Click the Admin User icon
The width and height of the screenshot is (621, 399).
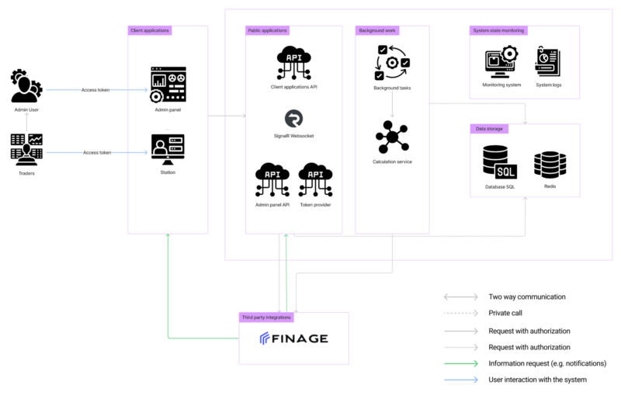click(26, 86)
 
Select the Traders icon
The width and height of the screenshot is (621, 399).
click(26, 149)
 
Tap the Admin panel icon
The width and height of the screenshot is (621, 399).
click(168, 85)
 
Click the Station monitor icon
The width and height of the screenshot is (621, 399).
click(168, 149)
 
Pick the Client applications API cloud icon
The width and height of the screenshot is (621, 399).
click(294, 63)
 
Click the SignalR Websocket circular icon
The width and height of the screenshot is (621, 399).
click(294, 119)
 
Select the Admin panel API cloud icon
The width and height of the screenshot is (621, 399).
click(272, 179)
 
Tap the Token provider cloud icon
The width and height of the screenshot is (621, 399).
click(316, 179)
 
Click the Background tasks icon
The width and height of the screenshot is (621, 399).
click(392, 63)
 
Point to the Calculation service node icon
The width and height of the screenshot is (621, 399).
click(392, 137)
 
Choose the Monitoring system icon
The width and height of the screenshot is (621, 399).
click(501, 62)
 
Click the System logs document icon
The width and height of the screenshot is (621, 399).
click(548, 61)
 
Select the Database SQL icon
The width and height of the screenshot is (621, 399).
click(500, 162)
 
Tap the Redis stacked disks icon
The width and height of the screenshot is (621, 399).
click(550, 165)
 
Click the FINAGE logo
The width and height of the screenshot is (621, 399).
click(294, 338)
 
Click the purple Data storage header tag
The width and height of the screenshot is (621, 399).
click(489, 129)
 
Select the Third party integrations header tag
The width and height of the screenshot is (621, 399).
click(266, 317)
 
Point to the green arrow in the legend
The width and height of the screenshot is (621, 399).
click(461, 363)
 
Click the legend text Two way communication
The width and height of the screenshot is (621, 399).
click(527, 297)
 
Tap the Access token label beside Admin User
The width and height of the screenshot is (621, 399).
click(95, 90)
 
